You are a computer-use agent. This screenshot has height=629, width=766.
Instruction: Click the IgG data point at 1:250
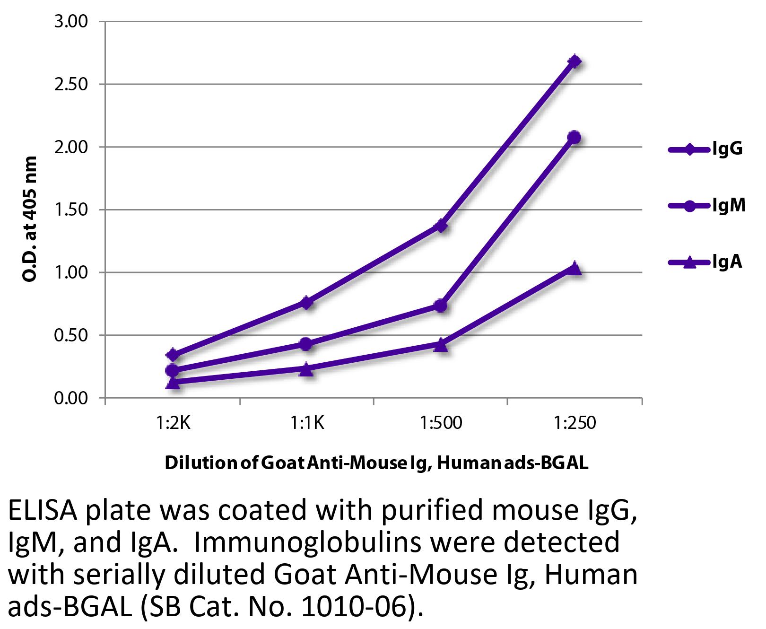(574, 61)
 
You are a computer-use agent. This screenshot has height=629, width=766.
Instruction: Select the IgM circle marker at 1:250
(574, 137)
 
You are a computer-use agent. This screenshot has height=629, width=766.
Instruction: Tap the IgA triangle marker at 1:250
(574, 268)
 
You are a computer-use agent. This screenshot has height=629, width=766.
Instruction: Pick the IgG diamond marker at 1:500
(441, 226)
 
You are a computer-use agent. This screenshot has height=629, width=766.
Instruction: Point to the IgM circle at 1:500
(441, 306)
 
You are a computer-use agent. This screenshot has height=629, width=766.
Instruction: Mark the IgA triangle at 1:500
(441, 344)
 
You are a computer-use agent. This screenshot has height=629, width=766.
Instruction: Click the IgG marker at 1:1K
(306, 302)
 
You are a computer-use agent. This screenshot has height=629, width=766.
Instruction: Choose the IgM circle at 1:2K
(173, 370)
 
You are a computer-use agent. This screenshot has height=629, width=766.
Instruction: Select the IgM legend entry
(706, 206)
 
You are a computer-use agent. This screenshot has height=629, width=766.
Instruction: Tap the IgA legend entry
(705, 262)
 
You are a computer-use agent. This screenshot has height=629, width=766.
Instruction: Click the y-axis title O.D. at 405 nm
(29, 219)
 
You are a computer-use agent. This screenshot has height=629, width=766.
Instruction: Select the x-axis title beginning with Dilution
(376, 463)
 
